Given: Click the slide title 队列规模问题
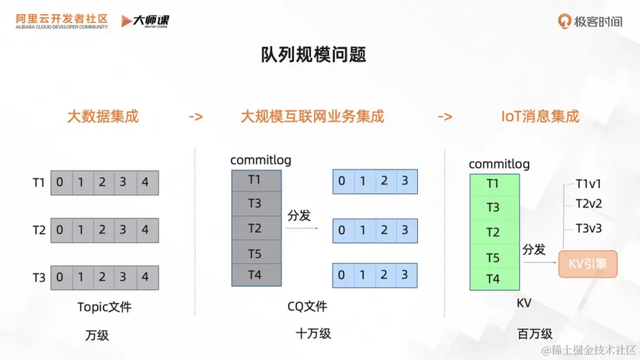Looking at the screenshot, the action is (313, 55).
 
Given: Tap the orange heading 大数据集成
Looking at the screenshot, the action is (103, 116).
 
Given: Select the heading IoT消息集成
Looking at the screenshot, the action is (540, 116).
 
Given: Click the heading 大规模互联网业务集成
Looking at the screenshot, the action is (313, 116).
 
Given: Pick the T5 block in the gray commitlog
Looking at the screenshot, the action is (256, 253).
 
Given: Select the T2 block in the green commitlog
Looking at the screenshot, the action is (494, 233).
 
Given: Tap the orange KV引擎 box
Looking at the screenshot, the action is (587, 264).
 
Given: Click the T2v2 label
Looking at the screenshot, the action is (589, 204).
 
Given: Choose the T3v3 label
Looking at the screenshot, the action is (589, 228).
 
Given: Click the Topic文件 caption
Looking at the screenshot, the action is (104, 307).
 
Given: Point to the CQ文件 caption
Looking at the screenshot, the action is (307, 306).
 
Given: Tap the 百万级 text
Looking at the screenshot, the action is (535, 334).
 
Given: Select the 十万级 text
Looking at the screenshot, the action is (313, 333).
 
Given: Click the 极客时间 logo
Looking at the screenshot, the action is (590, 21).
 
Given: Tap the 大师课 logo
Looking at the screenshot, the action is (145, 21).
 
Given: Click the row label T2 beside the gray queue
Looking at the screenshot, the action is (39, 230).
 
